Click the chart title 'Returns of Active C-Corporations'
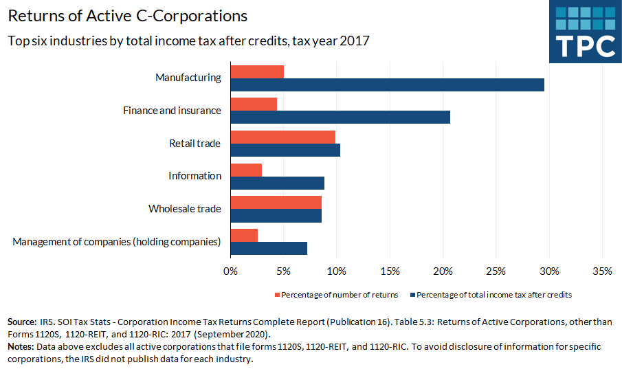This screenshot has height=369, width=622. tap(128, 15)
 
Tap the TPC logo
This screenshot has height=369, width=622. tap(586, 32)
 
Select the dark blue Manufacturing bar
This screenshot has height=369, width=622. tap(387, 85)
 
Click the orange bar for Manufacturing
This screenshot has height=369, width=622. tap(257, 71)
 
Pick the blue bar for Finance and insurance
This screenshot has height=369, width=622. tap(340, 117)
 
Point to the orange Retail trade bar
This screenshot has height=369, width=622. tap(282, 137)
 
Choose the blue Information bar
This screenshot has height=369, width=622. tap(277, 183)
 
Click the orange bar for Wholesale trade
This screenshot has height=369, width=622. tap(276, 202)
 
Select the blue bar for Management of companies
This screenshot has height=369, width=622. tap(269, 248)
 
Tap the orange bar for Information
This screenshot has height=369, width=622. tap(246, 170)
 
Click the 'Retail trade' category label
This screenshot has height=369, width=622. tap(195, 144)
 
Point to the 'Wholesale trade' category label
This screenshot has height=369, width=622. tap(185, 209)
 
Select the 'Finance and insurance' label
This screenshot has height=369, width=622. tap(172, 111)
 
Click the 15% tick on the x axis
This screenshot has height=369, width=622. tap(390, 271)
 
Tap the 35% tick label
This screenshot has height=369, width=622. tap(602, 271)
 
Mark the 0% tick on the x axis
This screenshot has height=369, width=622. tap(231, 271)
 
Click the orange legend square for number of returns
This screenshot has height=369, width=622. tap(278, 295)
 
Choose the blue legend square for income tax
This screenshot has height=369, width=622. tap(412, 295)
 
